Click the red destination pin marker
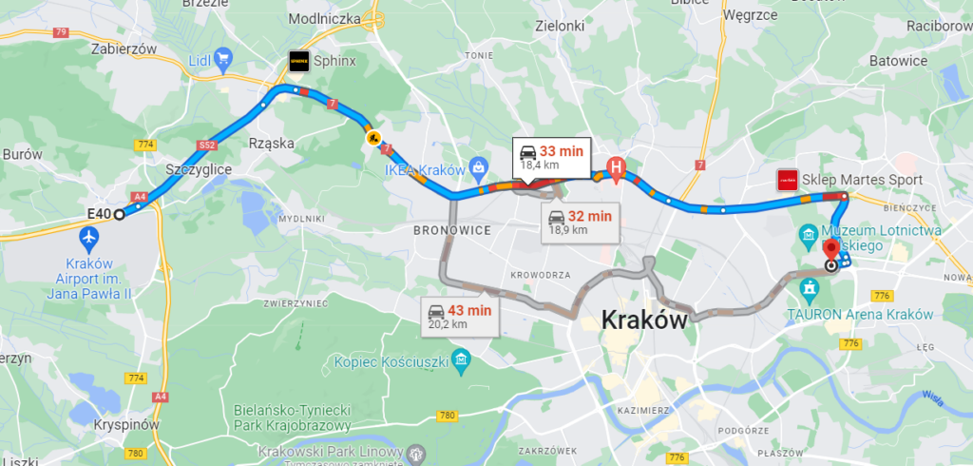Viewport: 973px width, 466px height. (x=832, y=248)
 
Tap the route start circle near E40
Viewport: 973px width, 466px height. (x=119, y=214)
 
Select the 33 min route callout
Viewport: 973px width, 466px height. (x=552, y=157)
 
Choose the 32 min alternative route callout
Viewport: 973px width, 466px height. (x=580, y=222)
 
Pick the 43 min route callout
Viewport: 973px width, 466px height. (x=461, y=316)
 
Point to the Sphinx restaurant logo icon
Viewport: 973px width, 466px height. (x=298, y=60)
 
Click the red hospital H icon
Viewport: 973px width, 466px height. (x=616, y=170)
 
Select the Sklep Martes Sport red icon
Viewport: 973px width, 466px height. (x=787, y=180)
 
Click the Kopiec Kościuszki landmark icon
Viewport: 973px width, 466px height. (x=461, y=359)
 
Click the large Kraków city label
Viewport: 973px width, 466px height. (x=643, y=320)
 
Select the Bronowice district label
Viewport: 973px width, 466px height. (x=451, y=230)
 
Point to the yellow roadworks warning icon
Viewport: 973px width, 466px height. (x=374, y=138)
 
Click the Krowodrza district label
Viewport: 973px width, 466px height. (x=539, y=274)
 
